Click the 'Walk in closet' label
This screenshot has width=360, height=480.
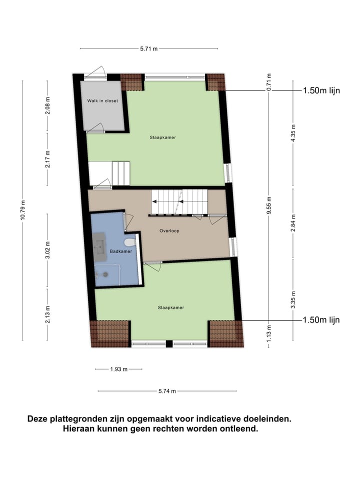[102, 101]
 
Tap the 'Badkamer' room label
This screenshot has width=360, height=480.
[121, 251]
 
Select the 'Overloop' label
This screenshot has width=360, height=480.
[169, 231]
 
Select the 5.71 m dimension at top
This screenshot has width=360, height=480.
[149, 48]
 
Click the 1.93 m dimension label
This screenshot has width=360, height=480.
[118, 369]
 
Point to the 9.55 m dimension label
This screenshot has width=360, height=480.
[268, 205]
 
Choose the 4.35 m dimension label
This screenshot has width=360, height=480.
[293, 133]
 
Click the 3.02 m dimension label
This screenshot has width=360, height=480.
[47, 251]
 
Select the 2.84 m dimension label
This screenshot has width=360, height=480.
[293, 223]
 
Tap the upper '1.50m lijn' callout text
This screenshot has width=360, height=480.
[321, 91]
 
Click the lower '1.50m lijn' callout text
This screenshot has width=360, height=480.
[321, 320]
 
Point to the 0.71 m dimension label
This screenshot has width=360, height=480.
[268, 82]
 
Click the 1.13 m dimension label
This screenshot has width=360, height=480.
[268, 333]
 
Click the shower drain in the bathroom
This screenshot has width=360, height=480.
[105, 274]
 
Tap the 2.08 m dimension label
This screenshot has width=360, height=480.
[47, 105]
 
